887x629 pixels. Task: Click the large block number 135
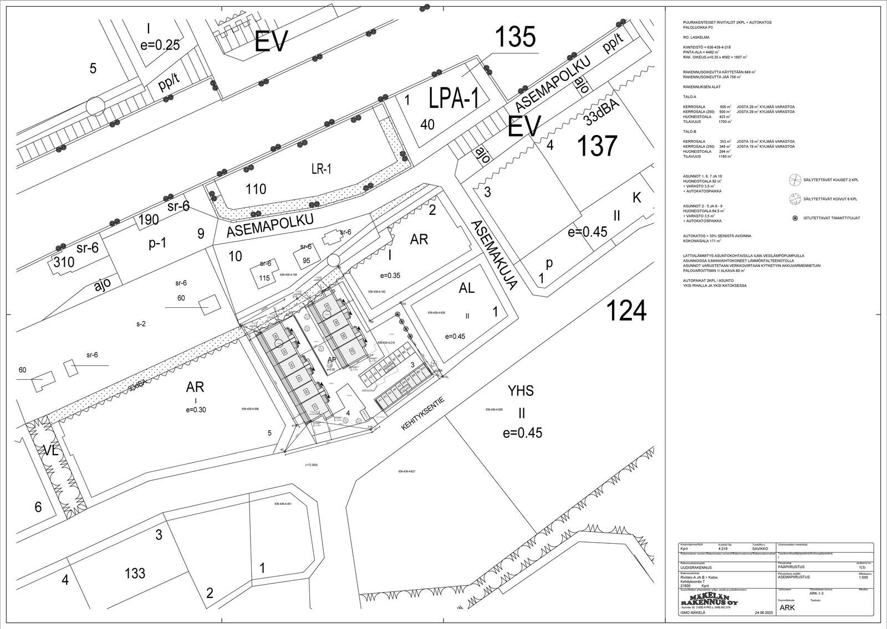point(515,38)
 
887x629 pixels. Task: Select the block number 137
point(597,146)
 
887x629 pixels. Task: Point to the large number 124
point(626,311)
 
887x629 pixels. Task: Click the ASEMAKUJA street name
point(493,255)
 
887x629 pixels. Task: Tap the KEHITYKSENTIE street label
point(424,414)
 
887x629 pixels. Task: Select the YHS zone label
point(521,391)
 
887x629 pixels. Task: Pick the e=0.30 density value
point(195,410)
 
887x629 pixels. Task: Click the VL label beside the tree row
point(51,451)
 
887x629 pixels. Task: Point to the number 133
point(135,573)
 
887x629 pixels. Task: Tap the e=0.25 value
point(160,45)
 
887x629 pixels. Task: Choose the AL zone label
point(467,288)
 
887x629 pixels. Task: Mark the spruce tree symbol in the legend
point(792,179)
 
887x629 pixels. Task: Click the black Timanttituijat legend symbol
point(796,218)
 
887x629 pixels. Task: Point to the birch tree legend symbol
point(792,198)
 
